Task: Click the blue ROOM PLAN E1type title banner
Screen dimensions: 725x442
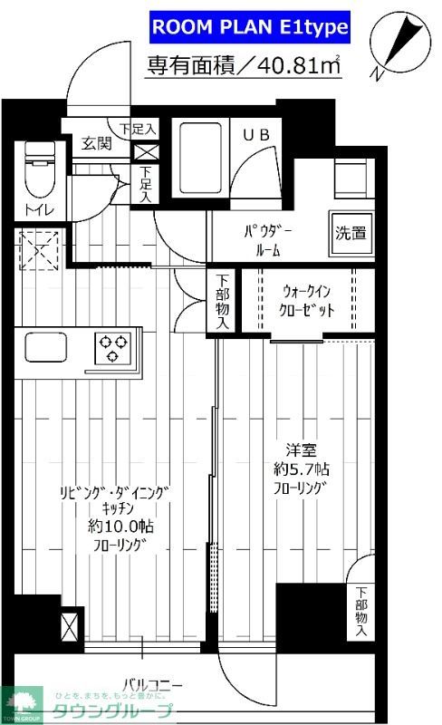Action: point(248,28)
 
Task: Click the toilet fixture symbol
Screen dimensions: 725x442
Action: point(39,173)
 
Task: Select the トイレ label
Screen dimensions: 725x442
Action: point(39,211)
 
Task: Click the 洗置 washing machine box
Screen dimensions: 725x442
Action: point(352,232)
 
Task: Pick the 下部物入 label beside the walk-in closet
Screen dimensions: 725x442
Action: point(224,302)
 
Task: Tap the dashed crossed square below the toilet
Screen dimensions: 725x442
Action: point(38,249)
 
